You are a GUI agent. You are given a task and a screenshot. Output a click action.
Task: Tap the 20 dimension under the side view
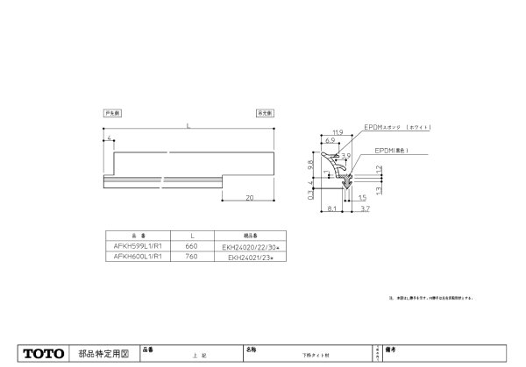(x=249, y=198)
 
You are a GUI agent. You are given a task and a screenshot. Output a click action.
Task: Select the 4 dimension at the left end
(x=106, y=138)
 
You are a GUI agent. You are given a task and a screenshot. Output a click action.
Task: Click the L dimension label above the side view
(x=188, y=129)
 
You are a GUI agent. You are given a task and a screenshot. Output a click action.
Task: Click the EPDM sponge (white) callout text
(x=399, y=128)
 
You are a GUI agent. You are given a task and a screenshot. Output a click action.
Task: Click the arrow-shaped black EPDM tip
(x=347, y=181)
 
